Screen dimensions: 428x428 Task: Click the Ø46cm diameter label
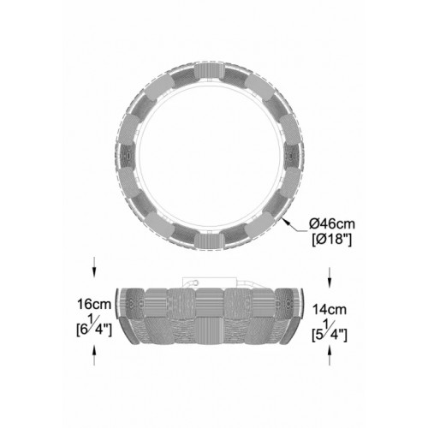point(332,224)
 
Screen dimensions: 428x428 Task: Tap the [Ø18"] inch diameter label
point(331,239)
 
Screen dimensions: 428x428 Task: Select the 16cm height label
point(94,304)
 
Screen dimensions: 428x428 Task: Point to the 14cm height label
point(330,310)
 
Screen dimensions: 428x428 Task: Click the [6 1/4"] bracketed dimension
point(94,327)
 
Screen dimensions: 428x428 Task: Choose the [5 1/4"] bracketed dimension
point(330,332)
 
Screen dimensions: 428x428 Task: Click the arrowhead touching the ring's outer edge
point(286,222)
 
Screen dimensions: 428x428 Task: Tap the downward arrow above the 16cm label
point(94,267)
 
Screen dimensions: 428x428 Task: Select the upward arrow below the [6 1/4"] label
point(94,355)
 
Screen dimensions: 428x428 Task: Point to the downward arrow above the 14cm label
point(330,277)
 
